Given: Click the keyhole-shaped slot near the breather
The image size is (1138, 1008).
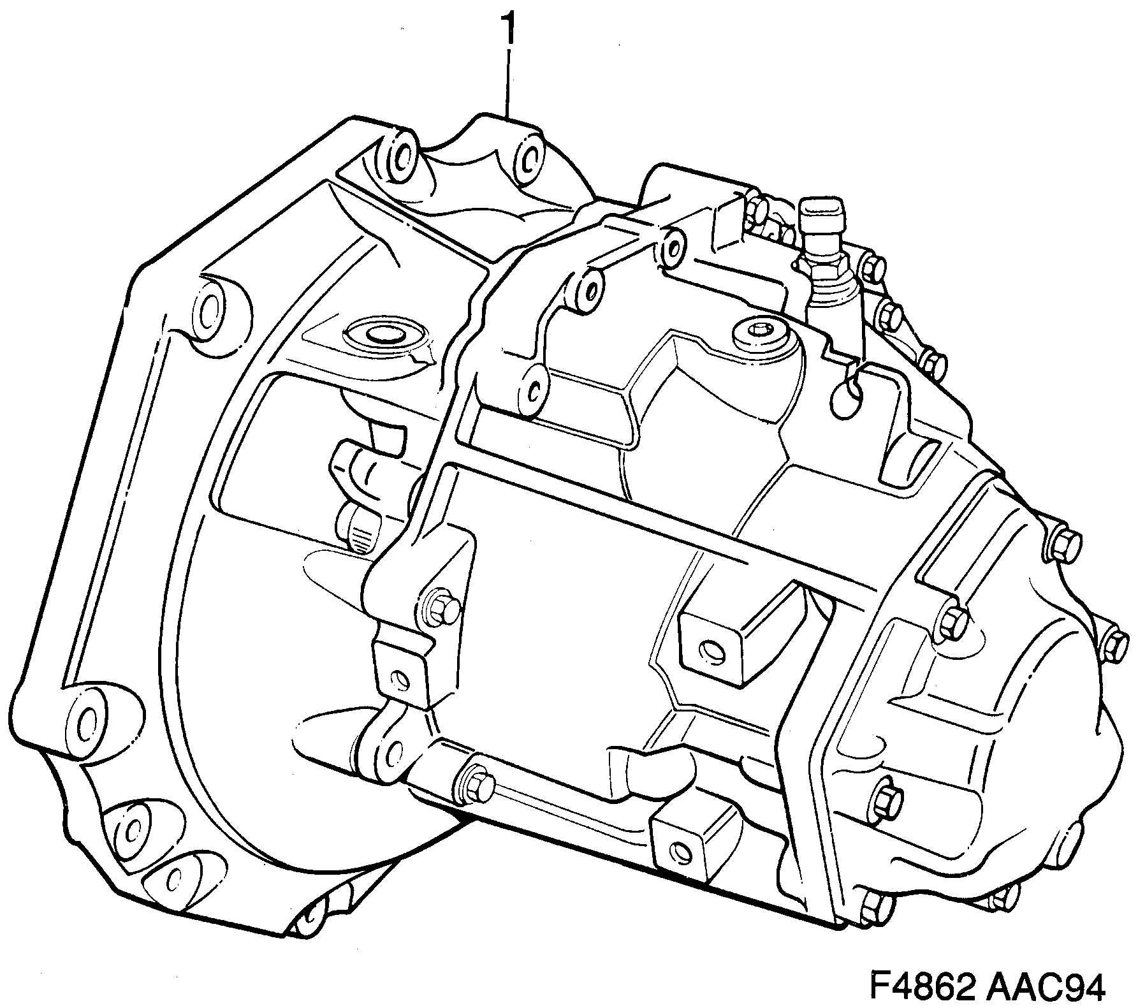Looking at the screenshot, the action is [x=846, y=397].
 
